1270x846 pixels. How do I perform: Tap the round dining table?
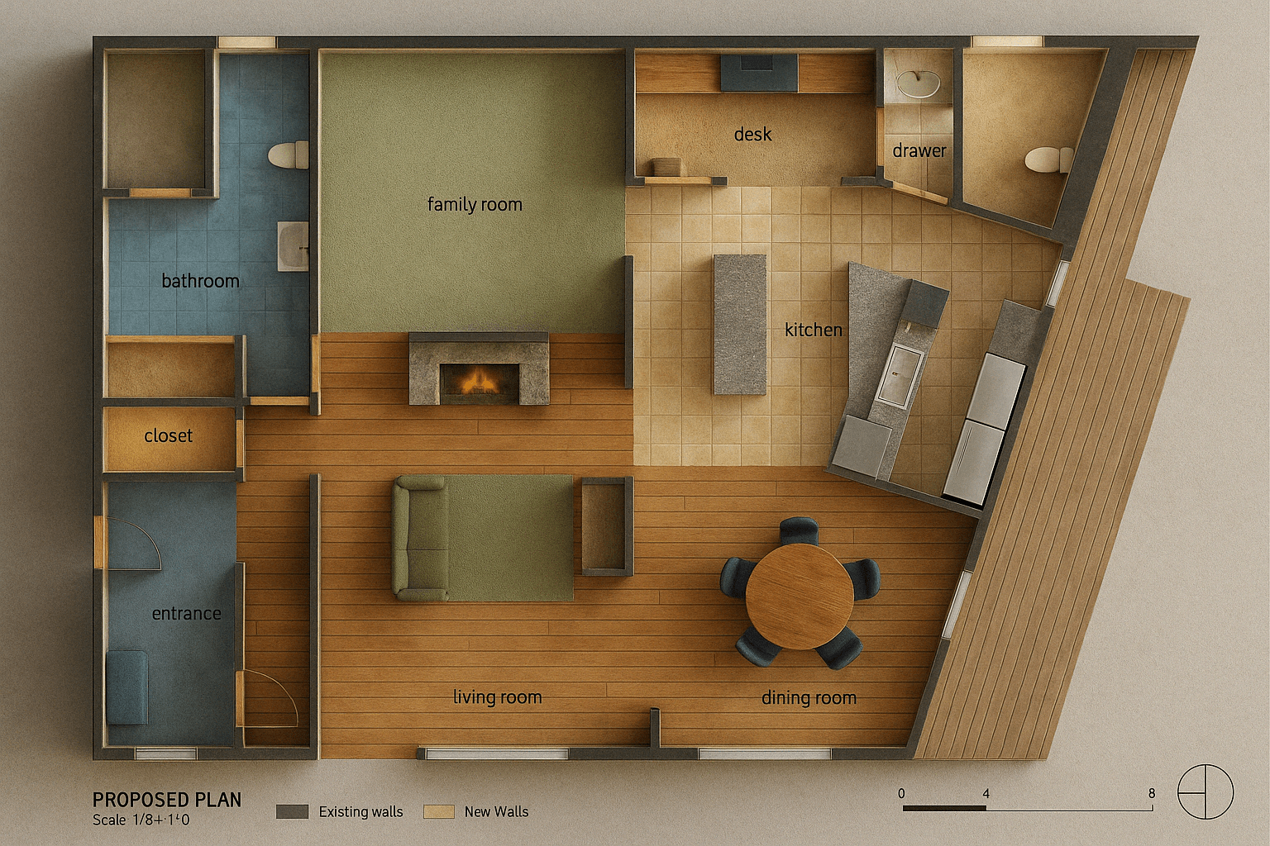(x=800, y=596)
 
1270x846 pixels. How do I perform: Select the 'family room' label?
(x=475, y=204)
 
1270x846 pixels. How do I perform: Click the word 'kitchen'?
(x=813, y=330)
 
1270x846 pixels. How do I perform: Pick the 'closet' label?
(x=168, y=435)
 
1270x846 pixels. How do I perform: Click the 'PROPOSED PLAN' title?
(x=167, y=800)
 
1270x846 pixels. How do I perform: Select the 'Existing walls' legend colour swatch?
(x=292, y=811)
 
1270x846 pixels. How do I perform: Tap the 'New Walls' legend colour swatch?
(x=439, y=811)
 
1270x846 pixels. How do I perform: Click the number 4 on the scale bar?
(x=986, y=793)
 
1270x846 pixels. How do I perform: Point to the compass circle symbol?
(x=1206, y=791)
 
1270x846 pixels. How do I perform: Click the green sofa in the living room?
(x=420, y=539)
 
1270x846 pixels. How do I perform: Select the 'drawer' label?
(x=919, y=150)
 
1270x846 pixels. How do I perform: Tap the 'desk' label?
(x=752, y=135)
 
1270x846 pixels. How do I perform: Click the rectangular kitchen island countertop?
(x=740, y=325)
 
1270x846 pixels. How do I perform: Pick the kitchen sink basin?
(x=900, y=376)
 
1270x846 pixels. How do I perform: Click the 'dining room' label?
(x=809, y=697)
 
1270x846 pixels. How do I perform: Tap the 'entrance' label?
(x=187, y=613)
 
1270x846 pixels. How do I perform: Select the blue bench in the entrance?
(x=127, y=687)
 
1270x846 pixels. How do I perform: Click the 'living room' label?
(x=497, y=697)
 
